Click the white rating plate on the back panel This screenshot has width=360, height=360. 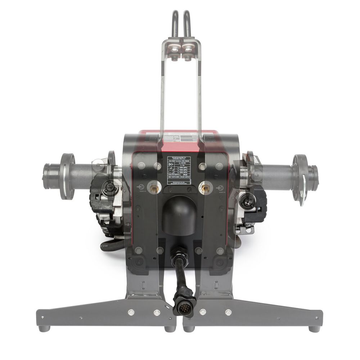179,170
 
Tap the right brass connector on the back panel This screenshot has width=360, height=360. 205,187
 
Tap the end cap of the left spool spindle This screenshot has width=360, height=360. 47,175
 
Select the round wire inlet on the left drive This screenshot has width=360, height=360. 107,187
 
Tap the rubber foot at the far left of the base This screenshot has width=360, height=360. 44,328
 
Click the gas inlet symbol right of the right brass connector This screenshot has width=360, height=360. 219,188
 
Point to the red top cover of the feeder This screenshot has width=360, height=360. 180,138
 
